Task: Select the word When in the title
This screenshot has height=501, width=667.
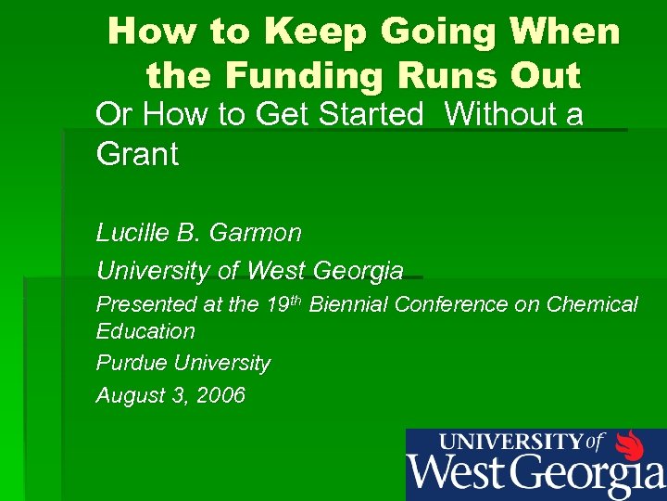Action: (x=566, y=32)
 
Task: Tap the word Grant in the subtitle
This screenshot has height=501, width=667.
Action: (x=137, y=154)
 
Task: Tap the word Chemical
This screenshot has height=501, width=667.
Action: (x=592, y=304)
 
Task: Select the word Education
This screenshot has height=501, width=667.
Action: (x=145, y=331)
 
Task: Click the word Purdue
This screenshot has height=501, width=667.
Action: (x=129, y=363)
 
